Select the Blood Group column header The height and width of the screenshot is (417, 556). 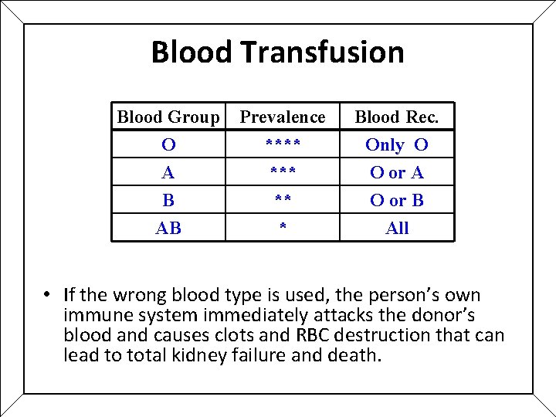(x=168, y=117)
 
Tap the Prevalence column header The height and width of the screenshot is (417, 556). (x=283, y=117)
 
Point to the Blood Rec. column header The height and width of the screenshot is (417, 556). (x=397, y=117)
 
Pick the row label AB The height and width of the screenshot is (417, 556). (x=168, y=229)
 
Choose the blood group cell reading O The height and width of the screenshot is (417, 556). (x=168, y=145)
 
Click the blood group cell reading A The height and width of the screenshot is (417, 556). (x=168, y=173)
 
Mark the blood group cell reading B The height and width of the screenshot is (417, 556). (x=168, y=201)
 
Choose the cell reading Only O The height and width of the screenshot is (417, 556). (x=397, y=145)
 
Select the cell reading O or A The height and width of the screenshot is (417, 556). (x=397, y=173)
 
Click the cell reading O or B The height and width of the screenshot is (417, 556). (x=397, y=201)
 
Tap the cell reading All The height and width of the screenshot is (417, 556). (x=397, y=229)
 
